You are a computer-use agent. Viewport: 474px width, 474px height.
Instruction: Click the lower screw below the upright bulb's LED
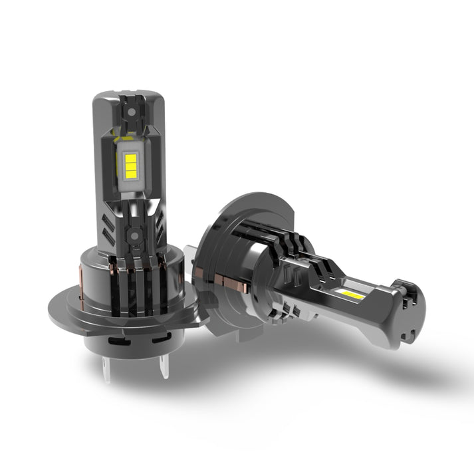coord(134,234)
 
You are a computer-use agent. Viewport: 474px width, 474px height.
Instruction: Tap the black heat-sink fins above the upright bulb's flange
coord(133,279)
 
